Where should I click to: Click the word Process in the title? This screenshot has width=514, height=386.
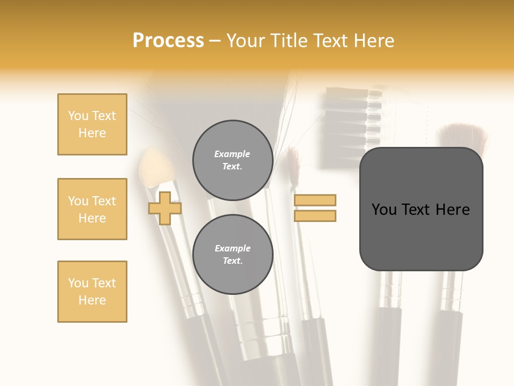coord(168,41)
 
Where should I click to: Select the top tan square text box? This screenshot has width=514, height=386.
coord(92,124)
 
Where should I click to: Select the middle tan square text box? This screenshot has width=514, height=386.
coord(92,209)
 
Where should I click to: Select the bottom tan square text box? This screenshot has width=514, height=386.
coord(92,292)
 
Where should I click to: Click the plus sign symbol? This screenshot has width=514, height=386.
coord(164,208)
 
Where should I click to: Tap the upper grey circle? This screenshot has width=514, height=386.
coord(232,160)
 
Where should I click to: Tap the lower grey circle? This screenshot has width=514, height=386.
coord(232,254)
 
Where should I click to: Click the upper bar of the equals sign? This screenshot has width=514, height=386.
coord(315,201)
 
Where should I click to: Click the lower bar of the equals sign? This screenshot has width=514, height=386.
coord(315,216)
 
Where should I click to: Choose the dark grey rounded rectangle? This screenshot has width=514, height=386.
coord(421,236)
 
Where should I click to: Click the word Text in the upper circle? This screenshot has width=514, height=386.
coord(232,166)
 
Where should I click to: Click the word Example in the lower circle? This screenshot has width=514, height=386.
coord(232,248)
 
